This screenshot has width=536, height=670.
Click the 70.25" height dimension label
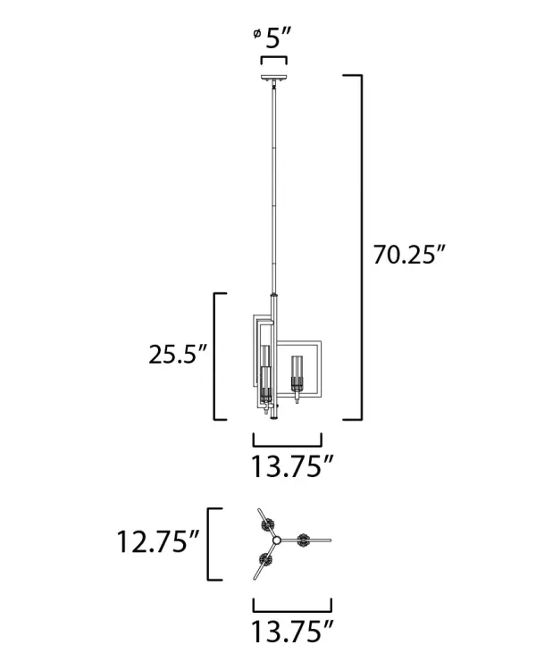click(408, 254)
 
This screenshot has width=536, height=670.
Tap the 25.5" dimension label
click(178, 354)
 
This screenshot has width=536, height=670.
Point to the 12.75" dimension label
click(156, 542)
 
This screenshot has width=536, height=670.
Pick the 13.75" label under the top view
click(292, 632)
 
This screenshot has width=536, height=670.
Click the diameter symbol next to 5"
click(257, 35)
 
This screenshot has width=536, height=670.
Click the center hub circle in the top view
click(277, 540)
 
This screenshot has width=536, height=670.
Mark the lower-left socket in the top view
click(264, 562)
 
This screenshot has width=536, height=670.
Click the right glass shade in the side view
click(297, 374)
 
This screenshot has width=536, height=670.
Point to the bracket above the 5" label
click(273, 59)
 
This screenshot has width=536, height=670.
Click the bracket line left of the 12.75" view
click(210, 543)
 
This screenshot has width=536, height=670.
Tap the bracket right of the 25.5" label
click(217, 356)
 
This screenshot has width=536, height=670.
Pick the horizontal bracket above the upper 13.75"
click(288, 440)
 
